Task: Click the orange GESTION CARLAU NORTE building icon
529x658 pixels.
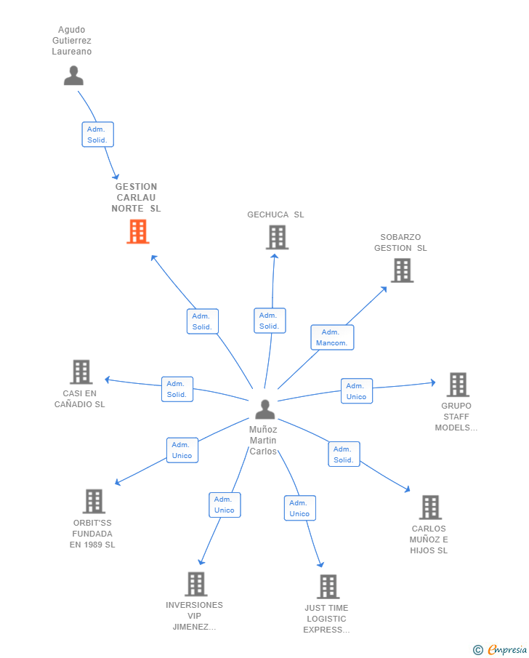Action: point(138,232)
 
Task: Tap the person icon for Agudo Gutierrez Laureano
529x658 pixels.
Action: point(74,76)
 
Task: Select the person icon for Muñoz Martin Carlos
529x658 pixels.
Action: point(265,409)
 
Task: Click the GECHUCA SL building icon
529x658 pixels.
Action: point(278,237)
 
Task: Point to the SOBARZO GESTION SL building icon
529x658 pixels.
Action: point(403,270)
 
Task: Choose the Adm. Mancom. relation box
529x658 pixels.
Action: point(332,337)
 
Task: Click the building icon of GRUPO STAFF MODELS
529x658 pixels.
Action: point(458,385)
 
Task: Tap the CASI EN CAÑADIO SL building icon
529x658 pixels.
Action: point(81,372)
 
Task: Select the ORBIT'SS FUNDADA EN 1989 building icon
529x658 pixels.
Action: point(94,501)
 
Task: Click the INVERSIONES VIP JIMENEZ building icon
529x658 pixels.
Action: point(196,584)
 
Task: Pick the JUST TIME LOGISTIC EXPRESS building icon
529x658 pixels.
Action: point(328,586)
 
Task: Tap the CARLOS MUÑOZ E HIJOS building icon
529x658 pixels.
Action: point(431,507)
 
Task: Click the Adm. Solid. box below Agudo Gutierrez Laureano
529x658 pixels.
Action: point(98,135)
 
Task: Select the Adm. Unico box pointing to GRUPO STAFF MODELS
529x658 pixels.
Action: point(357,391)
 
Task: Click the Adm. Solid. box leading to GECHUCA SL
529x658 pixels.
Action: point(270,321)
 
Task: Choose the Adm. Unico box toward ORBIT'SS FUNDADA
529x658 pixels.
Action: point(182,450)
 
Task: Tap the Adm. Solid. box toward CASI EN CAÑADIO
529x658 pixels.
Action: point(177,389)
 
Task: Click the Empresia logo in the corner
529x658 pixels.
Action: point(500,649)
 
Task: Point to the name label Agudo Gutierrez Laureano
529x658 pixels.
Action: point(72,41)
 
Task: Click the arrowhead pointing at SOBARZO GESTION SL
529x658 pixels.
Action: point(384,289)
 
